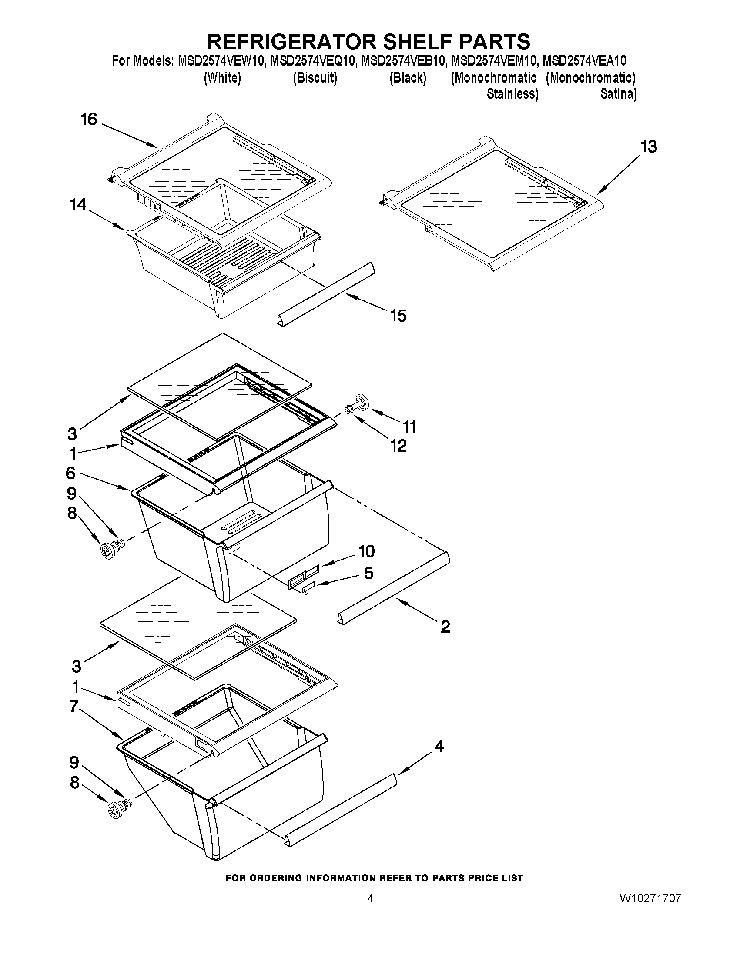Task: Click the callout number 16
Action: coord(89,119)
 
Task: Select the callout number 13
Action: coord(649,147)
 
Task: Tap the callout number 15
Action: coord(398,316)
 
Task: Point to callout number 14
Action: coord(78,205)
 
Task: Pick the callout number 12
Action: coord(399,446)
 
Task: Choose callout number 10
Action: coord(366,551)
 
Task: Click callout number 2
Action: coord(445,627)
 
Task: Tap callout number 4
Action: coord(439,746)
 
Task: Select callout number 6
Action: coord(70,473)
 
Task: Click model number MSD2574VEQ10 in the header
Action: coord(312,60)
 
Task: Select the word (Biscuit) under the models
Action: coord(315,78)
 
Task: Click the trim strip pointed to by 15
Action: coord(325,292)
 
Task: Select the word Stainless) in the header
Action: coord(512,94)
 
